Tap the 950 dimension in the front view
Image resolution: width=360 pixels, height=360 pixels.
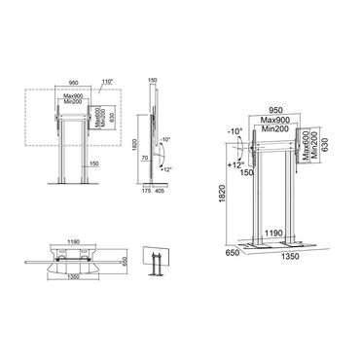72,84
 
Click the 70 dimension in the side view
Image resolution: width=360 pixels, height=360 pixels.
142,156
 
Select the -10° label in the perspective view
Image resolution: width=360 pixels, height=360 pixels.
234,129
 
